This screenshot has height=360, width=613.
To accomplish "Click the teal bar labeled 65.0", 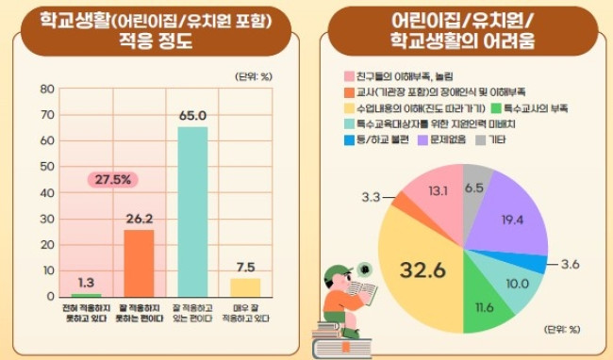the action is pos(192,212).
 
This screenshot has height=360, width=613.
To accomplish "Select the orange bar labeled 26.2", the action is pos(139,263).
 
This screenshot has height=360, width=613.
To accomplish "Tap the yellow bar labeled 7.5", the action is pos(245,287).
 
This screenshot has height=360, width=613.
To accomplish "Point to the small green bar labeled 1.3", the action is pos(86,295).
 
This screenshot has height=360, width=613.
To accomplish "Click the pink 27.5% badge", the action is pos(112,180).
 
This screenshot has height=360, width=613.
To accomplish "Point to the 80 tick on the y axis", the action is pos(47,89).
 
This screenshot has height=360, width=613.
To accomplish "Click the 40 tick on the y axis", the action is pos(47,193).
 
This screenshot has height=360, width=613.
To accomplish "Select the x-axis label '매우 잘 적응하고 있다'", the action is pos(245,313).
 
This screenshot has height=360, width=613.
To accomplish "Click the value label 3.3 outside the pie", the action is pos(371,197).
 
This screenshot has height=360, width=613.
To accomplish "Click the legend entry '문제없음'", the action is pos(441,139).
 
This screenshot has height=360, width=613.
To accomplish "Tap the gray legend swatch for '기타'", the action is pos(480,139).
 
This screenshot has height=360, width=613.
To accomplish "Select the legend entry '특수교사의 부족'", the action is pos(529,107).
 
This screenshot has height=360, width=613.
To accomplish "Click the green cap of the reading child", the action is pos(337,271).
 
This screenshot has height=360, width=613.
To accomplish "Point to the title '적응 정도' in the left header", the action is pos(156,41).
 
